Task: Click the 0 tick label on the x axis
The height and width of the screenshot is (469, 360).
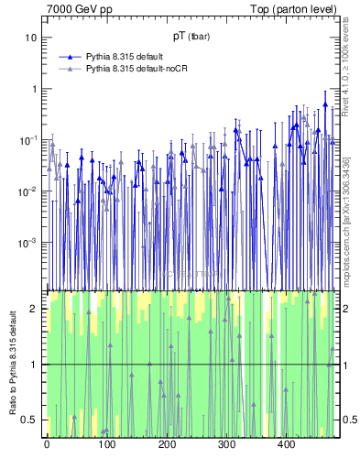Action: (x=47, y=445)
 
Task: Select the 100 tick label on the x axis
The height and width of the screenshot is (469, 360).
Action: (x=106, y=445)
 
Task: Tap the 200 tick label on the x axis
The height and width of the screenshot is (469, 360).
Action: (x=167, y=445)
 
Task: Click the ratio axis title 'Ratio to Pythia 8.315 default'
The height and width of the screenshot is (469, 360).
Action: (x=11, y=365)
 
